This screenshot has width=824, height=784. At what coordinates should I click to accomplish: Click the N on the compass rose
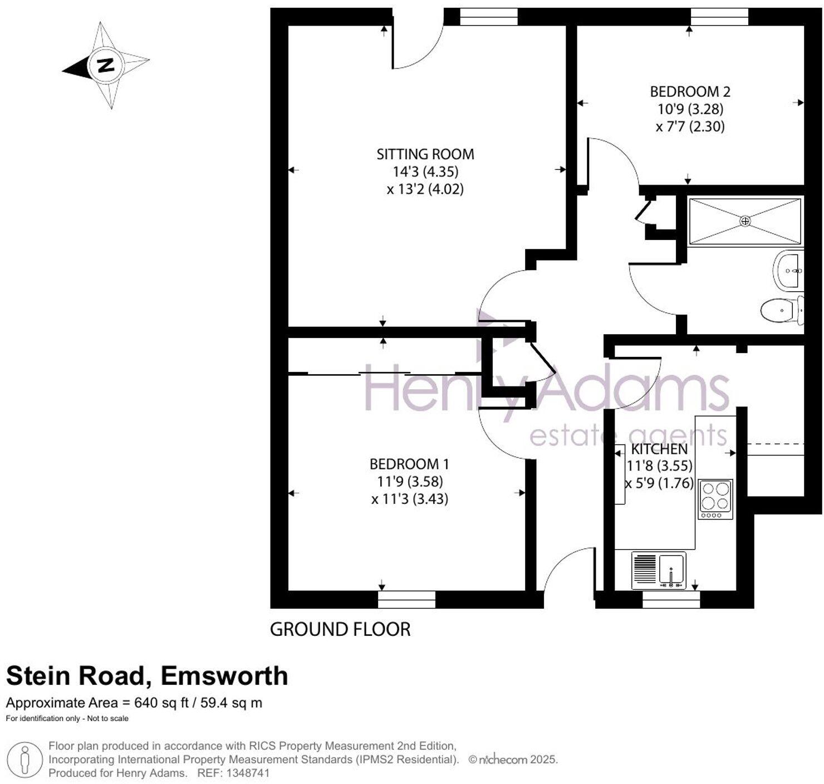[x=105, y=65]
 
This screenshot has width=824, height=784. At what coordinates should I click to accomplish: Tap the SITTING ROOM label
[x=425, y=154]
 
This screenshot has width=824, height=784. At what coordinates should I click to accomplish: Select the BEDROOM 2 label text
[x=690, y=91]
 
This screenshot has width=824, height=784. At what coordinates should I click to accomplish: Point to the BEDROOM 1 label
[x=409, y=464]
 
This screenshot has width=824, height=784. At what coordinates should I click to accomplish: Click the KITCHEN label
[x=659, y=449]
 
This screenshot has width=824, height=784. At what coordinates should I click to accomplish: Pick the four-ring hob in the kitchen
[x=715, y=496]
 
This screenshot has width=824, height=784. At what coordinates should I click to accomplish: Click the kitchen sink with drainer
[x=659, y=570]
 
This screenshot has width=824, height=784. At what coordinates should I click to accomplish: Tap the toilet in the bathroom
[x=781, y=310]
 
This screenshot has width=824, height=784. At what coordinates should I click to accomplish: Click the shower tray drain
[x=745, y=221]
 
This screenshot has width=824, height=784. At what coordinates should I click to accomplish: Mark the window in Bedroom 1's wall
[x=406, y=599]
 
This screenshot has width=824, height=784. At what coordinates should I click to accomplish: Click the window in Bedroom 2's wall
[x=719, y=17]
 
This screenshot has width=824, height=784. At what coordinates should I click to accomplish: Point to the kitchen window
[x=671, y=599]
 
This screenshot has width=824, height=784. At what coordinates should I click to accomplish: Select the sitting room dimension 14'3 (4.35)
[x=425, y=171]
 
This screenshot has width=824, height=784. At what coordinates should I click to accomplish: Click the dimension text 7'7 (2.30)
[x=690, y=126]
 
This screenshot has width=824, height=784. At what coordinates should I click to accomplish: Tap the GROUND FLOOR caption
[x=340, y=629]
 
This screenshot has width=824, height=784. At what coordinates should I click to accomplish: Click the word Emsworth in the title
[x=224, y=676]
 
